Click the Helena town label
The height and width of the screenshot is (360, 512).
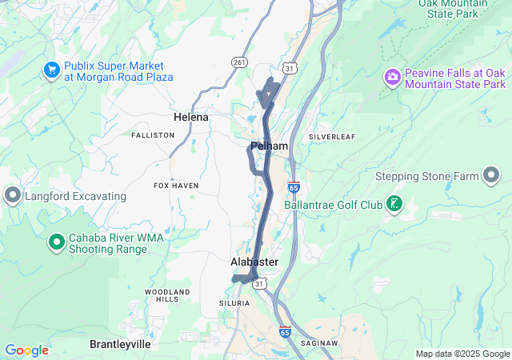pyautogui.click(x=191, y=117)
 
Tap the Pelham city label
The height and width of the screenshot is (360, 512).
pyautogui.click(x=269, y=146)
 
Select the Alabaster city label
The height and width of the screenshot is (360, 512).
pyautogui.click(x=254, y=262)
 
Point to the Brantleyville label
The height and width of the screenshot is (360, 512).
pyautogui.click(x=120, y=343)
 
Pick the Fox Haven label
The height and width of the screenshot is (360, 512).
pyautogui.click(x=176, y=186)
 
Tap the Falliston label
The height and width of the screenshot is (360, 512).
pyautogui.click(x=153, y=135)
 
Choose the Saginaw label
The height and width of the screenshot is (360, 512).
pyautogui.click(x=318, y=342)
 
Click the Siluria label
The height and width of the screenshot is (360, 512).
pyautogui.click(x=234, y=303)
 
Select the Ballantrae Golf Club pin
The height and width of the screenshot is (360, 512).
pyautogui.click(x=394, y=205)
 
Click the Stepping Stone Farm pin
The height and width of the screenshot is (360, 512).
pyautogui.click(x=491, y=176)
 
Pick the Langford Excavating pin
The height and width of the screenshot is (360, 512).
pyautogui.click(x=12, y=195)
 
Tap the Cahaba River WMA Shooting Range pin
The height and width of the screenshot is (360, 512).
pyautogui.click(x=56, y=242)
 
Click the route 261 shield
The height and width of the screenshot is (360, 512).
pyautogui.click(x=239, y=62)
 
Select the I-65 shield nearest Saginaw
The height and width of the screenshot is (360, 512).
pyautogui.click(x=285, y=331)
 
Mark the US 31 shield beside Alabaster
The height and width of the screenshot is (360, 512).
pyautogui.click(x=259, y=283)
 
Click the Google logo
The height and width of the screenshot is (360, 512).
pyautogui.click(x=26, y=350)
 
